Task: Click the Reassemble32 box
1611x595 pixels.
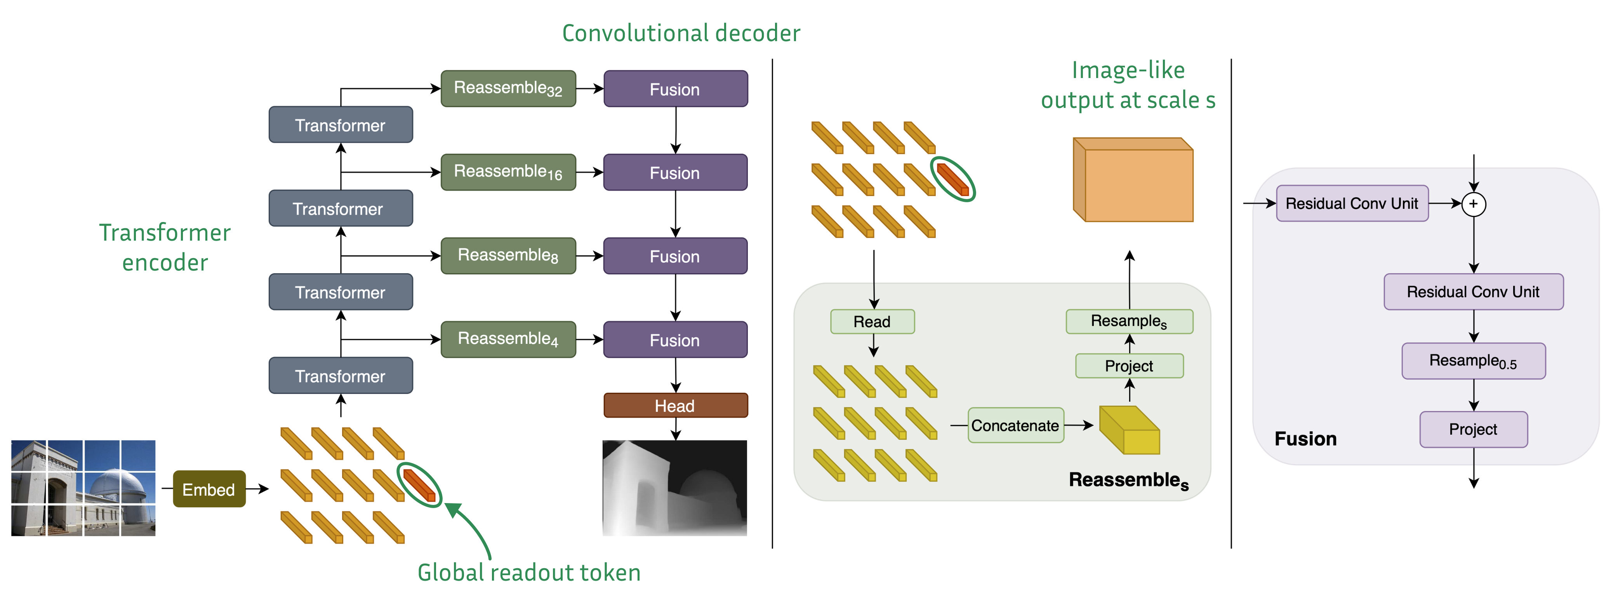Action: (508, 89)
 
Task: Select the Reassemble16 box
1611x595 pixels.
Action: (508, 172)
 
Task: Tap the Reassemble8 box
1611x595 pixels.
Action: (508, 256)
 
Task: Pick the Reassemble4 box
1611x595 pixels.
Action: (508, 339)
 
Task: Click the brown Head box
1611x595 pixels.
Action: (675, 406)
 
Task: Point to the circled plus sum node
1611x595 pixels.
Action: (1474, 204)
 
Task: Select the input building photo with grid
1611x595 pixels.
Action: (83, 488)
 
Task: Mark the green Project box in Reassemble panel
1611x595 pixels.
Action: (1129, 366)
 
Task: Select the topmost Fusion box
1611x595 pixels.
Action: (675, 89)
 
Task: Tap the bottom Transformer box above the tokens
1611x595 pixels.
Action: (340, 376)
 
